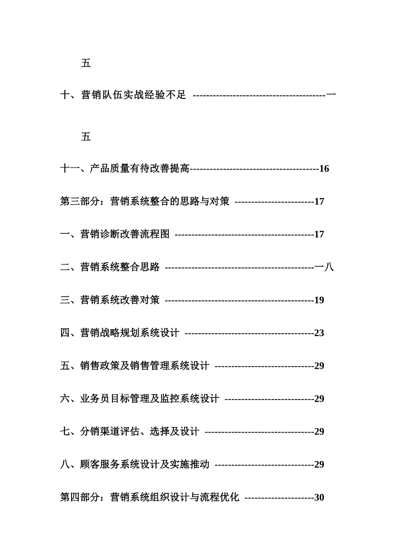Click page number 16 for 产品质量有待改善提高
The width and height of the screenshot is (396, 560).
coord(324,169)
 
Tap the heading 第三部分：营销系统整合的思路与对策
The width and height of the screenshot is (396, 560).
coord(145,202)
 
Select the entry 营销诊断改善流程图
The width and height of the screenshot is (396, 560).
coord(125,234)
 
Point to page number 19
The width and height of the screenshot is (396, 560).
coord(319,300)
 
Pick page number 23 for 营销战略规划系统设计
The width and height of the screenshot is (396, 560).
coord(319,333)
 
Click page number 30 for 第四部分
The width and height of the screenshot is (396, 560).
coord(319,497)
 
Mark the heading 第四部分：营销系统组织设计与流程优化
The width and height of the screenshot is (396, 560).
coord(150,497)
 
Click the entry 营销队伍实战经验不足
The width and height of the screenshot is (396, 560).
coord(133,95)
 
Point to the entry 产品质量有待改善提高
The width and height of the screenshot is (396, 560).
coord(139,169)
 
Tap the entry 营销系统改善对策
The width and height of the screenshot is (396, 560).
coord(120,300)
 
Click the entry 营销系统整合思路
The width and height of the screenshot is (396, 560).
coord(120,267)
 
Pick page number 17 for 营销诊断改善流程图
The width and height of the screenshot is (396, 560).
coord(319,234)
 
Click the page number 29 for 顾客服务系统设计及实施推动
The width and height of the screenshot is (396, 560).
coord(319,465)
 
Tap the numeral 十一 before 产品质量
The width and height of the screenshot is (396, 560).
coord(70,169)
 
